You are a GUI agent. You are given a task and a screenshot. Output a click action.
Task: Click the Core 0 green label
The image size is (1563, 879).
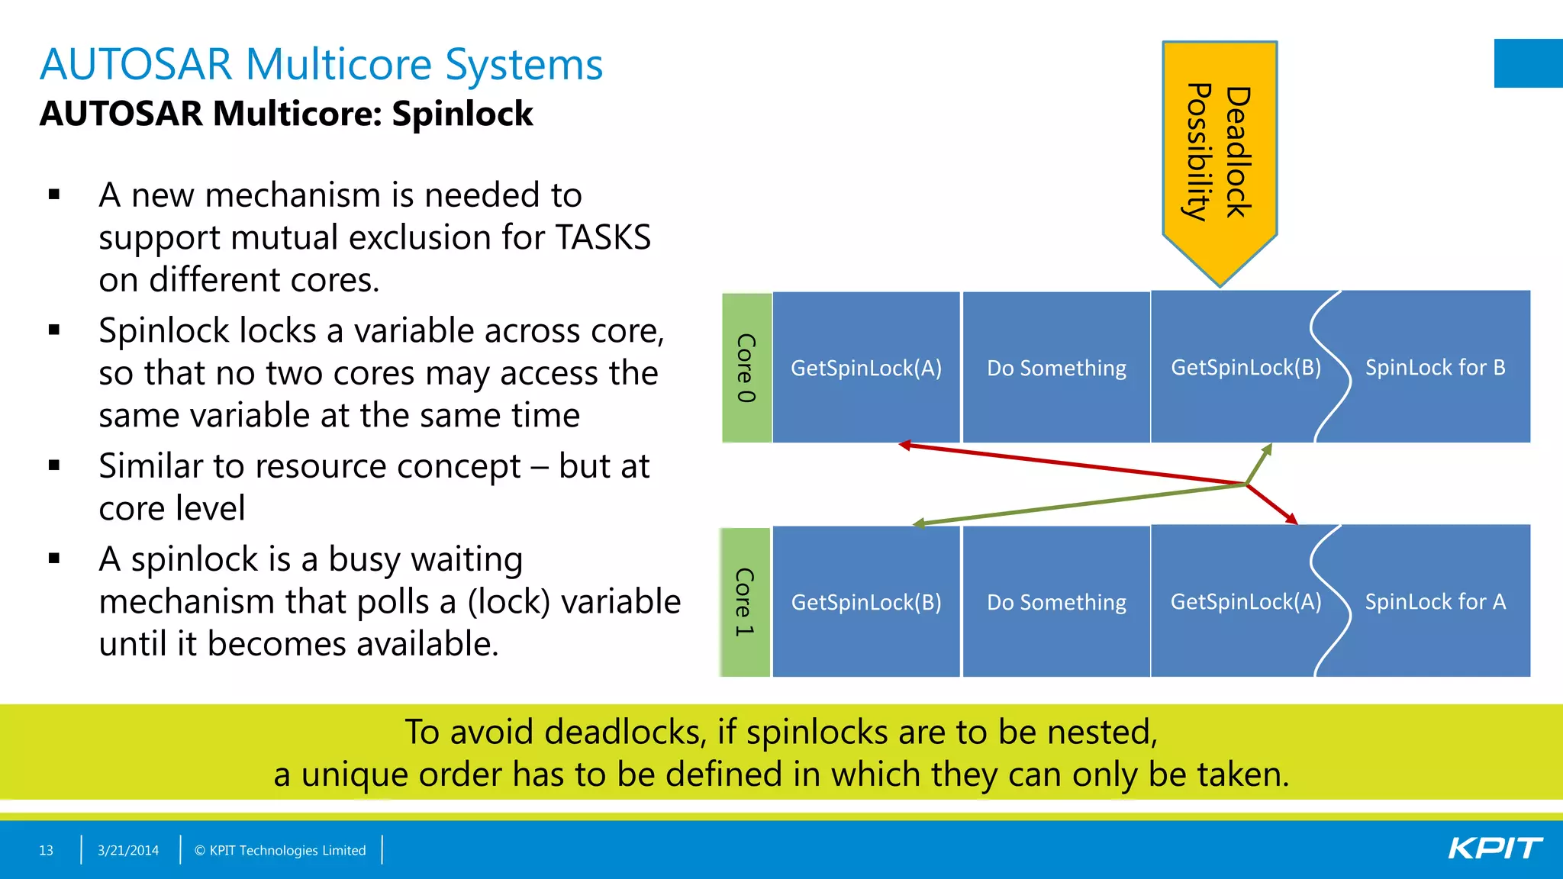click(746, 368)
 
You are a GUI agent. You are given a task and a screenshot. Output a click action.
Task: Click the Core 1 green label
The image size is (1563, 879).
click(745, 602)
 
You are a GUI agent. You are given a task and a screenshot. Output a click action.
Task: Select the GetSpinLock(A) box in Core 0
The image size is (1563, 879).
click(866, 368)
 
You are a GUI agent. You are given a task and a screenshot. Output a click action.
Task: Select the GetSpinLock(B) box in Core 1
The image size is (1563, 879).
click(866, 602)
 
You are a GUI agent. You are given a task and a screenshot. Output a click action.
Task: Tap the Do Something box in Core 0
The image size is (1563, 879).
click(1056, 368)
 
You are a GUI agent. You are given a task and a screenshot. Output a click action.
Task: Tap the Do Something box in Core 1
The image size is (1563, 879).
click(1056, 602)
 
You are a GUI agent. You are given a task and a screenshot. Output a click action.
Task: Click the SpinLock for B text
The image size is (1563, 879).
click(1435, 368)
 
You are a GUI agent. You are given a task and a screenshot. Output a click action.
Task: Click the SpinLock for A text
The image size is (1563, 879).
click(1435, 602)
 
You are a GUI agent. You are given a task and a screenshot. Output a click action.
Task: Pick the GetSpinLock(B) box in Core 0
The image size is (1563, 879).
click(1246, 368)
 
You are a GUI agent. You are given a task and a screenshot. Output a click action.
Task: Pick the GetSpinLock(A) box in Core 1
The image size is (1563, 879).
click(1246, 602)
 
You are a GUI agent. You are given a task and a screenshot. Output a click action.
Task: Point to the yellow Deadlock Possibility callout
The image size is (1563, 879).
click(1220, 153)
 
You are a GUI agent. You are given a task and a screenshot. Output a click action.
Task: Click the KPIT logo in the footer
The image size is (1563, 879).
click(1494, 848)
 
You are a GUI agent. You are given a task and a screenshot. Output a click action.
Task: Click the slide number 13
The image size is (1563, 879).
click(46, 850)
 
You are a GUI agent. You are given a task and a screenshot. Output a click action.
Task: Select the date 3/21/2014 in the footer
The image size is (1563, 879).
click(128, 850)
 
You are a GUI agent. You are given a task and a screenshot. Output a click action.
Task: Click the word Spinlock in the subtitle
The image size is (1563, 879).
click(462, 114)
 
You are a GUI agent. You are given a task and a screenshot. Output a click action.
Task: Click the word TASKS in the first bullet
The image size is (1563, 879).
click(603, 237)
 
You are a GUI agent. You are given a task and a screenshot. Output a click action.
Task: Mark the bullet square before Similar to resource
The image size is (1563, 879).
click(54, 465)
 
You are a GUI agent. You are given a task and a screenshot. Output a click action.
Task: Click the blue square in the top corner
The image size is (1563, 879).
click(1528, 63)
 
